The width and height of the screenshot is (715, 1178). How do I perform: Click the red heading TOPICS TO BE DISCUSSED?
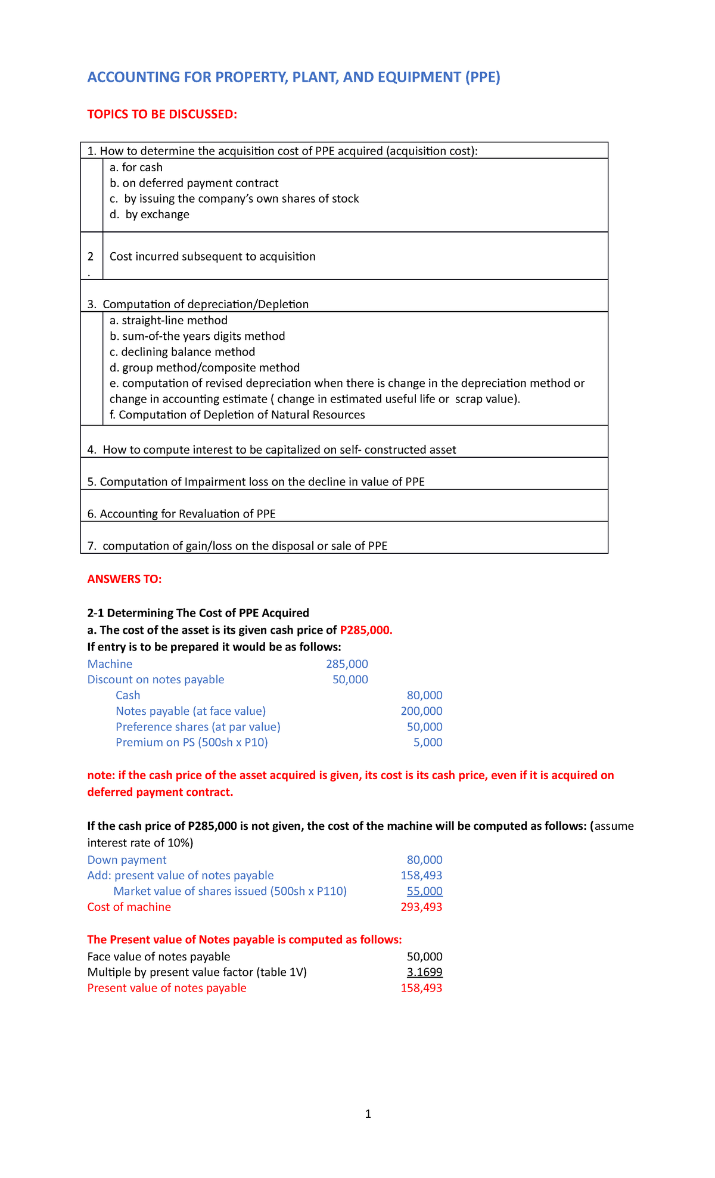(x=162, y=114)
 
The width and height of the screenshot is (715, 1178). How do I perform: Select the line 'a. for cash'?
(x=136, y=168)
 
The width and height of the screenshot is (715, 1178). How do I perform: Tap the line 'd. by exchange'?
(x=150, y=215)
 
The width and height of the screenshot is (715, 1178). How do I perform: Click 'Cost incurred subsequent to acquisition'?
(x=213, y=256)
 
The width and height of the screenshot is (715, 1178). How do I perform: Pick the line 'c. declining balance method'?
(x=182, y=352)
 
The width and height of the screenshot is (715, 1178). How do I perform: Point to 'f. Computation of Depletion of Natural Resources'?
(x=237, y=415)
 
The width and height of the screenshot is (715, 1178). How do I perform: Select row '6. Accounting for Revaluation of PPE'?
(x=182, y=514)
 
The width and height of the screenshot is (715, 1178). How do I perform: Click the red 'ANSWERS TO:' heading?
(x=125, y=579)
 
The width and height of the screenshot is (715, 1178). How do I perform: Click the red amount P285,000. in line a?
(x=366, y=630)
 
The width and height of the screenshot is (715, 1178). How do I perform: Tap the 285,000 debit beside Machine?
(x=347, y=664)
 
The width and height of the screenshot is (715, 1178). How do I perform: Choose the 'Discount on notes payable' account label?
(x=156, y=680)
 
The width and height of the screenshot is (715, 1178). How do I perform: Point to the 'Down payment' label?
(x=127, y=860)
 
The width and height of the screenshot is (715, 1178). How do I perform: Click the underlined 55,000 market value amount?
(x=424, y=891)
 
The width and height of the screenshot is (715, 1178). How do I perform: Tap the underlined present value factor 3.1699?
(x=424, y=972)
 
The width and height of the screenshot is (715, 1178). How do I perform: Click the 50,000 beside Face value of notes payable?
(x=424, y=957)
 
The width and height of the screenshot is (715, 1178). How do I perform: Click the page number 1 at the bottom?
(x=368, y=1114)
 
